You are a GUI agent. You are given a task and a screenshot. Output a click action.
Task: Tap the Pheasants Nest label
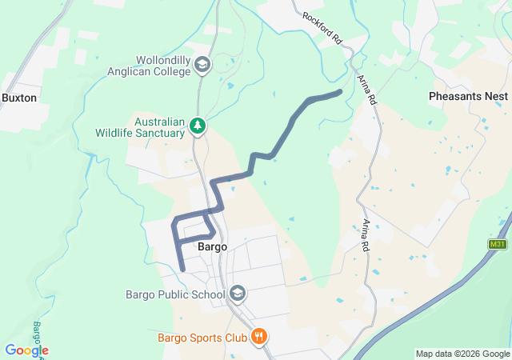pyautogui.click(x=468, y=95)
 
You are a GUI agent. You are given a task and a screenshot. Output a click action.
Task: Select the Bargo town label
pyautogui.click(x=211, y=247)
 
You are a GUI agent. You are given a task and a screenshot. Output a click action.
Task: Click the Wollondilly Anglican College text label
pyautogui.click(x=150, y=65)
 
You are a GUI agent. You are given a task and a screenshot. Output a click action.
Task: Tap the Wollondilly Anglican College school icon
pyautogui.click(x=202, y=64)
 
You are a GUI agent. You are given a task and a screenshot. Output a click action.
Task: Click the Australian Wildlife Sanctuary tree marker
pyautogui.click(x=197, y=126)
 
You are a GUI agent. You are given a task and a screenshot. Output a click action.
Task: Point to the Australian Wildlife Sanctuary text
pyautogui.click(x=139, y=127)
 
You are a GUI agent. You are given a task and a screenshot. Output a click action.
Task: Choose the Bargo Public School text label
pyautogui.click(x=175, y=294)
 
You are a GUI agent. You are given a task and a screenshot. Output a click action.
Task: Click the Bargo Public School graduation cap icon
pyautogui.click(x=238, y=293)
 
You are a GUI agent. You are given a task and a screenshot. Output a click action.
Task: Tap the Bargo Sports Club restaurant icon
pyautogui.click(x=258, y=337)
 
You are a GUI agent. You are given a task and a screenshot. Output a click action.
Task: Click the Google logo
pyautogui.click(x=26, y=350)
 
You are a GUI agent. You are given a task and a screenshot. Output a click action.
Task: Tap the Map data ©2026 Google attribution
pyautogui.click(x=462, y=354)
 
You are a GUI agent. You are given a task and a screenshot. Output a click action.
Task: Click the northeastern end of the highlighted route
pyautogui.click(x=341, y=92)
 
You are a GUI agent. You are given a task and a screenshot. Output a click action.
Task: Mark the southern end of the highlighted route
pyautogui.click(x=183, y=270)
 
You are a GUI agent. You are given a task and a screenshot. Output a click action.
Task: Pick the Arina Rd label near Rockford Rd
pyautogui.click(x=367, y=86)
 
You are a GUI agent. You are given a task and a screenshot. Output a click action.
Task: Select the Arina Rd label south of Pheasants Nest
pyautogui.click(x=366, y=231)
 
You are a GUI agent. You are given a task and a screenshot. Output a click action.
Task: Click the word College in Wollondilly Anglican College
pyautogui.click(x=168, y=70)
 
